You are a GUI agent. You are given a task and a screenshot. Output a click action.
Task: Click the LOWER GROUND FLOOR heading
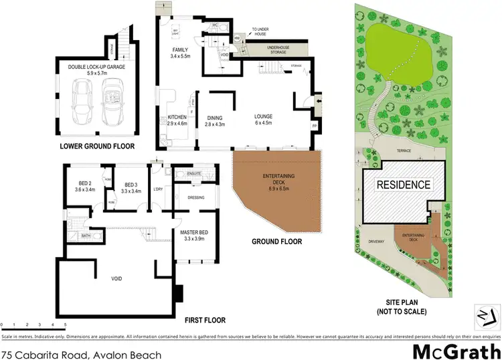pyautogui.click(x=97, y=146)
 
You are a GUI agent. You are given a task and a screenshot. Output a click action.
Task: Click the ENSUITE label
pyautogui.click(x=195, y=174)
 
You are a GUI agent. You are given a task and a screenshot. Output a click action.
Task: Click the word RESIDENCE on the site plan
pyautogui.click(x=403, y=185)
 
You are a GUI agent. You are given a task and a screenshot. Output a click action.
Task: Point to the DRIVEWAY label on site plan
pyautogui.click(x=378, y=243)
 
